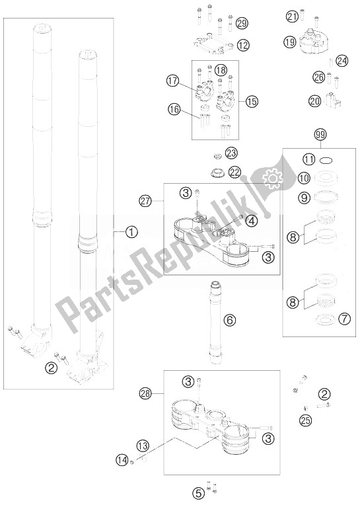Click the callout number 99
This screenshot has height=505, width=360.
click(x=321, y=135)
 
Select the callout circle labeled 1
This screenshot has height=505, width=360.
click(x=131, y=231)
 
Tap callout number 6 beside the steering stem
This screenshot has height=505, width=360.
click(x=231, y=320)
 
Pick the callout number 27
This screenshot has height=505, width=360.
click(x=145, y=202)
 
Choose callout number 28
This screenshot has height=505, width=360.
click(x=145, y=393)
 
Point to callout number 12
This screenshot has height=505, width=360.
click(x=244, y=45)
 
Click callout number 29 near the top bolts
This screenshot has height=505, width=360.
click(x=242, y=23)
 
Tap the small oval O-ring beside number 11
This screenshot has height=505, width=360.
click(x=326, y=160)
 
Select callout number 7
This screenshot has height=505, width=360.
click(x=345, y=319)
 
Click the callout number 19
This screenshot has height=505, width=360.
click(x=290, y=42)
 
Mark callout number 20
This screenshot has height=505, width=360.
click(x=315, y=101)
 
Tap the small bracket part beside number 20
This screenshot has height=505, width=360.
click(x=333, y=100)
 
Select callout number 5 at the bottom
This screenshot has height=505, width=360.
click(x=199, y=493)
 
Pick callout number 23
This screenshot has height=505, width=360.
click(x=231, y=153)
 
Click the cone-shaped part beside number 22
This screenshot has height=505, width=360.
click(x=217, y=173)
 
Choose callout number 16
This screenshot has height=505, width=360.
click(x=174, y=110)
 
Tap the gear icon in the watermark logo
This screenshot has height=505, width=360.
click(x=272, y=176)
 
